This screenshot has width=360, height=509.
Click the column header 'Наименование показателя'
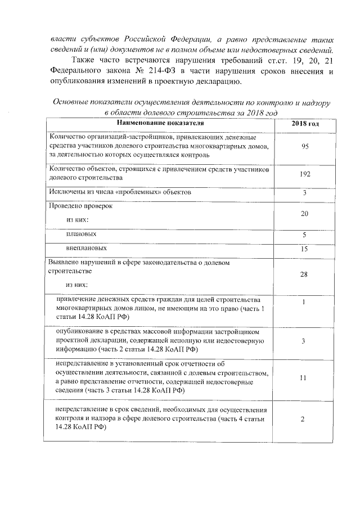[x=160, y=123]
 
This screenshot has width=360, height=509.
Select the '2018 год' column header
[x=305, y=123]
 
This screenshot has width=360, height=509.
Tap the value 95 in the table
[x=305, y=146]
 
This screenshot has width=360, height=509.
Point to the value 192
[x=305, y=174]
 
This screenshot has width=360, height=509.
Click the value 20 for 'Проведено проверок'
[x=305, y=214]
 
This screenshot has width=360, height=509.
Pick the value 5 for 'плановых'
[x=305, y=235]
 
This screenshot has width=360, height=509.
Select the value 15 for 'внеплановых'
[x=305, y=249]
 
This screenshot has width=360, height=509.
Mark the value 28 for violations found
[x=305, y=274]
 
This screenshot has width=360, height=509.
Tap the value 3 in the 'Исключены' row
[x=305, y=193]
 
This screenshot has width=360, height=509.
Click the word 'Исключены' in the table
[x=68, y=192]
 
